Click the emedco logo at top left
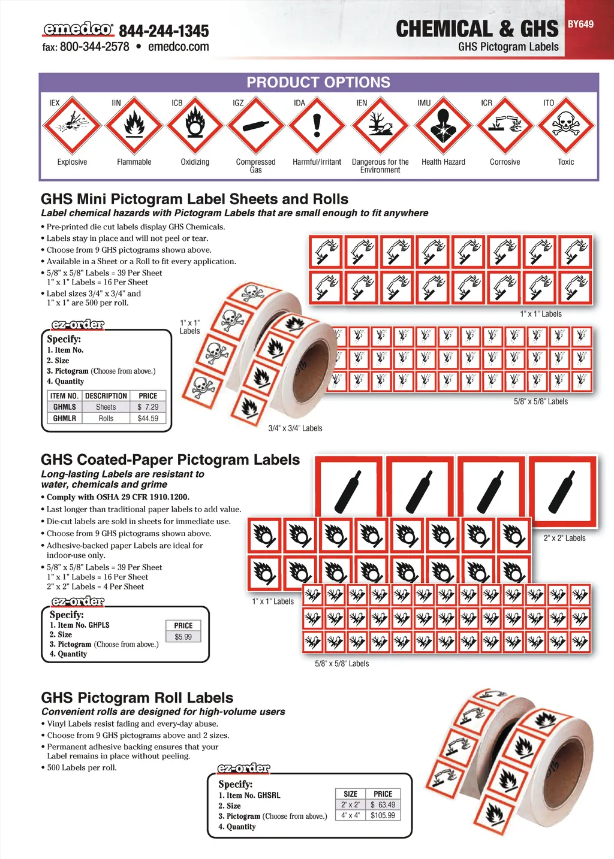coord(77,29)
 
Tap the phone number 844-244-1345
coord(164,31)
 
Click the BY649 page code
coord(580,24)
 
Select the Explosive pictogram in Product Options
coord(72,126)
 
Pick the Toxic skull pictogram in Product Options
coord(565,126)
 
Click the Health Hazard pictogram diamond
coord(443,126)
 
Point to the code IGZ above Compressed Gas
coord(238,103)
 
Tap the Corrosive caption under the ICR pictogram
coord(505,162)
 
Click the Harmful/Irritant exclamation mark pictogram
coord(317,126)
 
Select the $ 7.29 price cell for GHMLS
coord(148,407)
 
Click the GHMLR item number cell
coord(65,418)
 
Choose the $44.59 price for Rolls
coord(148,418)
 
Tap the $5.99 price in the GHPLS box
coord(183,637)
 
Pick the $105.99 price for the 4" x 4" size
coord(383,815)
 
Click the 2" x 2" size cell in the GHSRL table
coord(351,804)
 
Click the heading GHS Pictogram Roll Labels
coord(137,698)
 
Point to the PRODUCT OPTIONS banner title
coord(318,83)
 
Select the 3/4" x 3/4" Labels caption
coord(295,428)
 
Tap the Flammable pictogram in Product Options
coord(134,126)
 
